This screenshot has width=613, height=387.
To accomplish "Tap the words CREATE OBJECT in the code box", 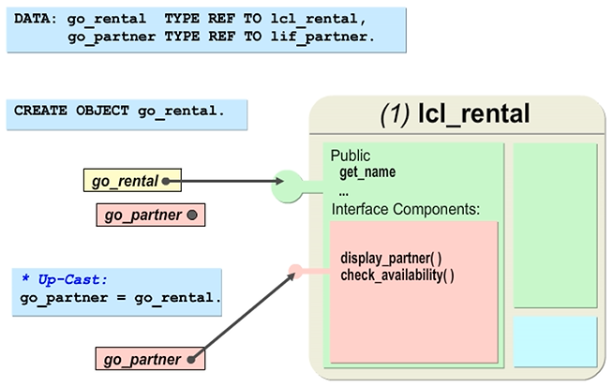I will click(73, 111).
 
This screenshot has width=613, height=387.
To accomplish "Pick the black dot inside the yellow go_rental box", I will click(167, 179).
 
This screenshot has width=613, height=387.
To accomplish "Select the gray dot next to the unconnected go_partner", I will click(191, 216).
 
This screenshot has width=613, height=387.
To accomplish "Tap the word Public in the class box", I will click(351, 156).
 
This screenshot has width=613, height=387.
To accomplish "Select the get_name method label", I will click(367, 171).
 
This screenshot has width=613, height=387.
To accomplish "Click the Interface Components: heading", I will click(405, 209).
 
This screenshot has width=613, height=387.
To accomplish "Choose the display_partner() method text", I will click(391, 258).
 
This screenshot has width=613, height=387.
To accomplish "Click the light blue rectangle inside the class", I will click(555, 341).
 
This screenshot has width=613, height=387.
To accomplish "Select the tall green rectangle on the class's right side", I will click(555, 225).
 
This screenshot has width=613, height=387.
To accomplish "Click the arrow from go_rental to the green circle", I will click(230, 180).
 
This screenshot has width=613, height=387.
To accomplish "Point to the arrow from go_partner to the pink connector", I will click(244, 315).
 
